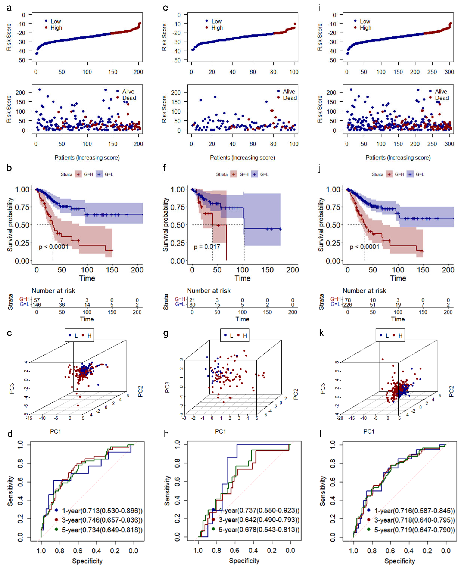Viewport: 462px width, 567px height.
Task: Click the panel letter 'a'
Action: [9, 8]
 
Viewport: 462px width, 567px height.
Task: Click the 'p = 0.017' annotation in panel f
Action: [207, 247]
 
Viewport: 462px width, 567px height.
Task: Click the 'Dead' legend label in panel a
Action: [129, 98]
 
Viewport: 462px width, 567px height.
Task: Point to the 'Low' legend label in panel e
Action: [216, 21]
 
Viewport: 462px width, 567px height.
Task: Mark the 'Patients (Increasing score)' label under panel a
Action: [87, 158]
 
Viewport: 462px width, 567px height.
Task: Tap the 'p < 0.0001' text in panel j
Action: [364, 247]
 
